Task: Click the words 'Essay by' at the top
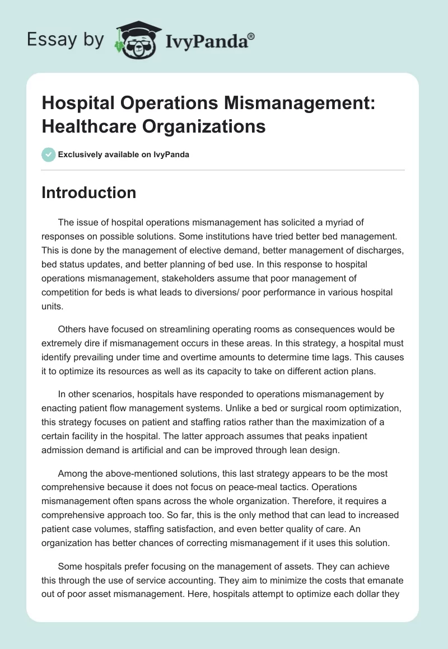tap(66, 40)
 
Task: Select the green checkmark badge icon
tap(49, 154)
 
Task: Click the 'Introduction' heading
tap(88, 192)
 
